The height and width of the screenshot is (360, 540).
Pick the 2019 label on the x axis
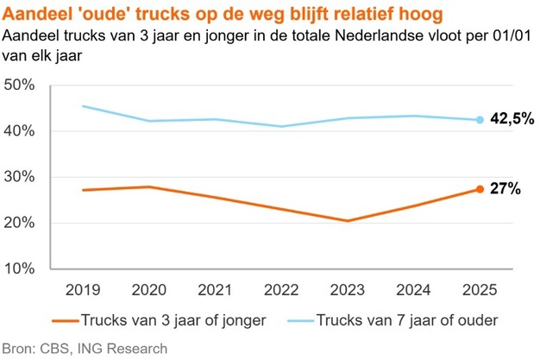pyautogui.click(x=83, y=288)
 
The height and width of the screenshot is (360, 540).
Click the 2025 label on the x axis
pyautogui.click(x=479, y=288)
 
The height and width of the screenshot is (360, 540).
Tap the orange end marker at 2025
pyautogui.click(x=479, y=189)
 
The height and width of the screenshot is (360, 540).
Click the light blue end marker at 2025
pyautogui.click(x=479, y=120)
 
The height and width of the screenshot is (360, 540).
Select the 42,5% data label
pyautogui.click(x=512, y=120)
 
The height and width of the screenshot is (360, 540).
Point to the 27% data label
pyautogui.click(x=505, y=189)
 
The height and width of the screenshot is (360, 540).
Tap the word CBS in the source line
pyautogui.click(x=54, y=349)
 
